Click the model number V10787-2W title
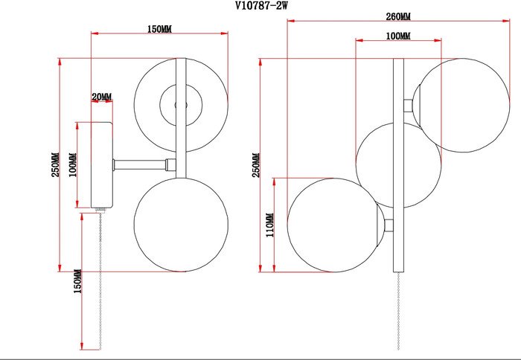pyautogui.click(x=261, y=6)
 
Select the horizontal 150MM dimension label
pyautogui.click(x=159, y=29)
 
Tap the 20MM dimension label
pyautogui.click(x=101, y=97)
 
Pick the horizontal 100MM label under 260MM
pyautogui.click(x=398, y=36)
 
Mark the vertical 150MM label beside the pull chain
pyautogui.click(x=77, y=282)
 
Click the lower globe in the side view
pyautogui.click(x=180, y=224)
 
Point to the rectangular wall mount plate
pyautogui.click(x=100, y=164)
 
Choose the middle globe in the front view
pyautogui.click(x=397, y=164)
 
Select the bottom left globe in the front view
pyautogui.click(x=333, y=225)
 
